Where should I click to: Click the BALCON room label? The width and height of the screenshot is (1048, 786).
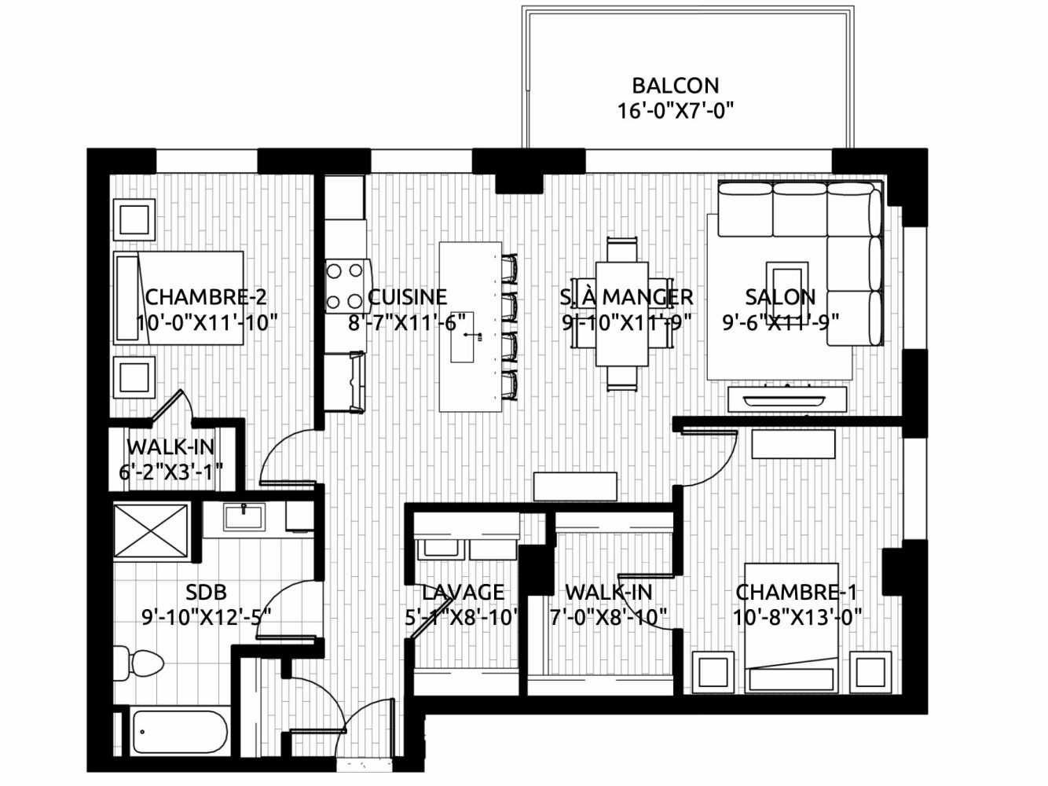675,86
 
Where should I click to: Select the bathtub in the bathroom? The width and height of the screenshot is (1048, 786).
178,738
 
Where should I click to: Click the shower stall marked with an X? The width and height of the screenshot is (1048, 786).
151,531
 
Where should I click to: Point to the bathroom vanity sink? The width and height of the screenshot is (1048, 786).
244,517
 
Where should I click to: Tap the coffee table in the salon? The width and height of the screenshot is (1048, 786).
787,292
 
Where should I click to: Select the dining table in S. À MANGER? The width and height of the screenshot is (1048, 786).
621,314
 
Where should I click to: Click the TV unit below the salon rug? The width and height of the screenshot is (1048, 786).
787,399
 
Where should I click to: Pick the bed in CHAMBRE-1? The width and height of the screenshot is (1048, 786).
792,628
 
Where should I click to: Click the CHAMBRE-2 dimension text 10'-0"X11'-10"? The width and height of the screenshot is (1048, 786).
207,323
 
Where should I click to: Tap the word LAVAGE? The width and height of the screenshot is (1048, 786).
464,593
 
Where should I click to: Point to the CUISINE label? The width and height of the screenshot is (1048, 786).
407,297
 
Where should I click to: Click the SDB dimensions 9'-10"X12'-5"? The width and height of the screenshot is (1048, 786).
207,618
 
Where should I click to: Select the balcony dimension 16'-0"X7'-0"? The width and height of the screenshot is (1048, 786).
675,112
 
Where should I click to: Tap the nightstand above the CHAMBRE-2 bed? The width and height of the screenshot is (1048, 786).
134,220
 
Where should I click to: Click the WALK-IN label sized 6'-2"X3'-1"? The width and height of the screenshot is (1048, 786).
170,447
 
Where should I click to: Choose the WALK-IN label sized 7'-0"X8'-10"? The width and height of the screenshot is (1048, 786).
609,593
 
